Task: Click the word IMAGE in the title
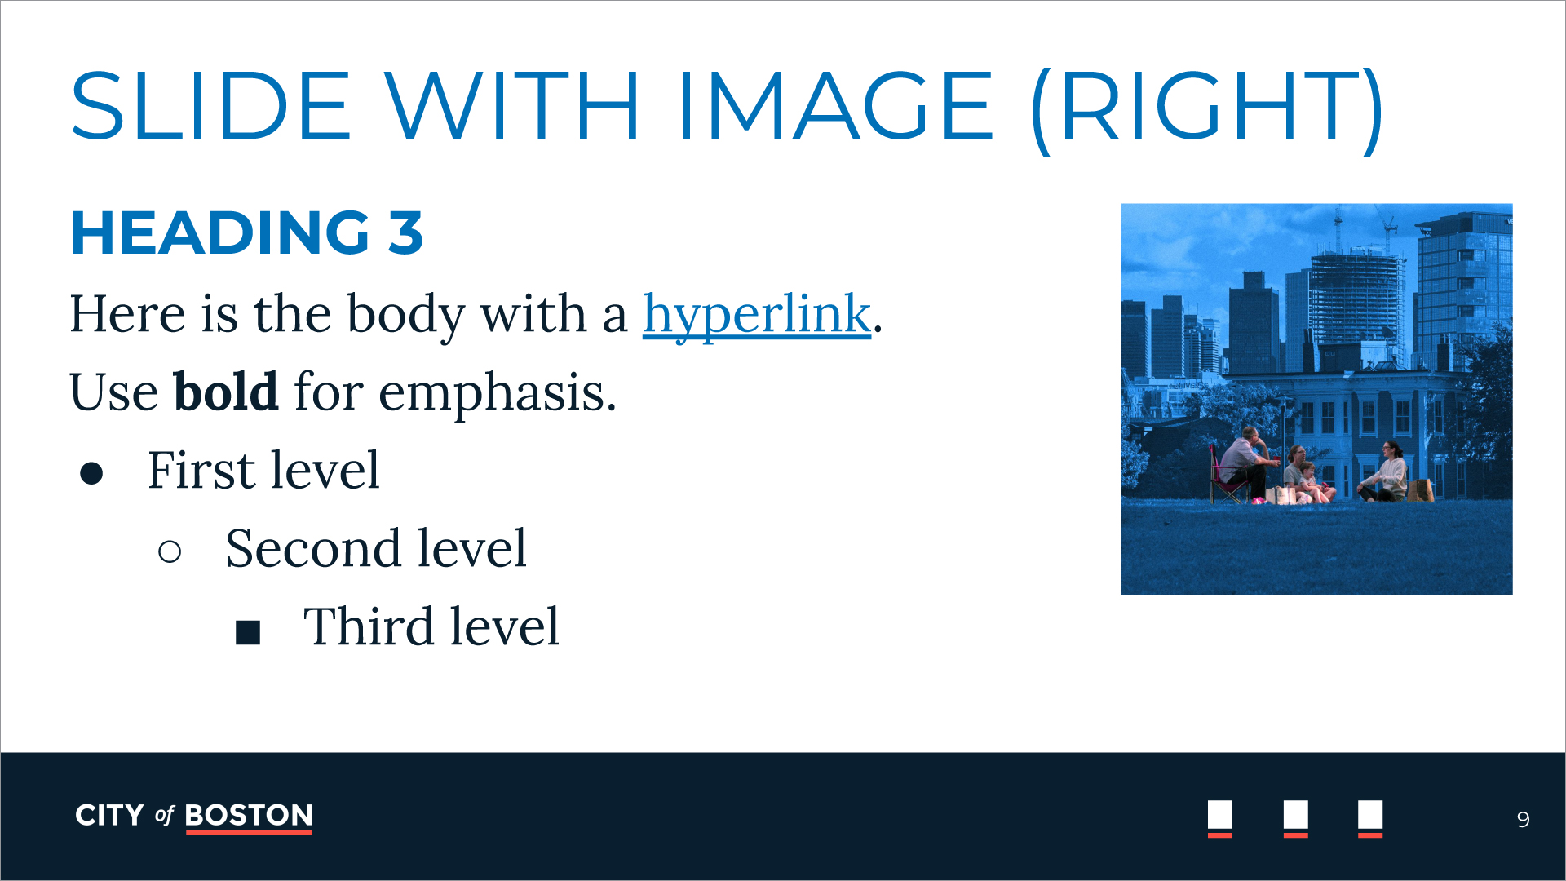pyautogui.click(x=835, y=106)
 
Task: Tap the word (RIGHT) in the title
pyautogui.click(x=1207, y=109)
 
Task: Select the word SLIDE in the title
pyautogui.click(x=211, y=106)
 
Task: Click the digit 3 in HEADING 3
pyautogui.click(x=405, y=232)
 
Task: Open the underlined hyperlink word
pyautogui.click(x=757, y=315)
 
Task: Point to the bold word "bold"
pyautogui.click(x=226, y=391)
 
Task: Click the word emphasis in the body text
pyautogui.click(x=497, y=395)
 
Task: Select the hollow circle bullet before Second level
pyautogui.click(x=170, y=552)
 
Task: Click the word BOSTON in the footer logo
pyautogui.click(x=249, y=815)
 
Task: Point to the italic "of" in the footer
pyautogui.click(x=165, y=815)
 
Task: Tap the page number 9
pyautogui.click(x=1523, y=819)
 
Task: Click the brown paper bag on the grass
pyautogui.click(x=1421, y=490)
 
